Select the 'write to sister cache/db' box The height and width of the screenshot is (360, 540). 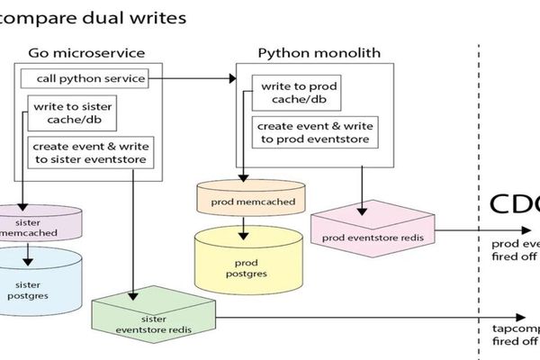click(73, 113)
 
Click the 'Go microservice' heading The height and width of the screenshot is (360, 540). click(86, 52)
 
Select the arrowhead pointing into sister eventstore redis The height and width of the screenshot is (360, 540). click(134, 296)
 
